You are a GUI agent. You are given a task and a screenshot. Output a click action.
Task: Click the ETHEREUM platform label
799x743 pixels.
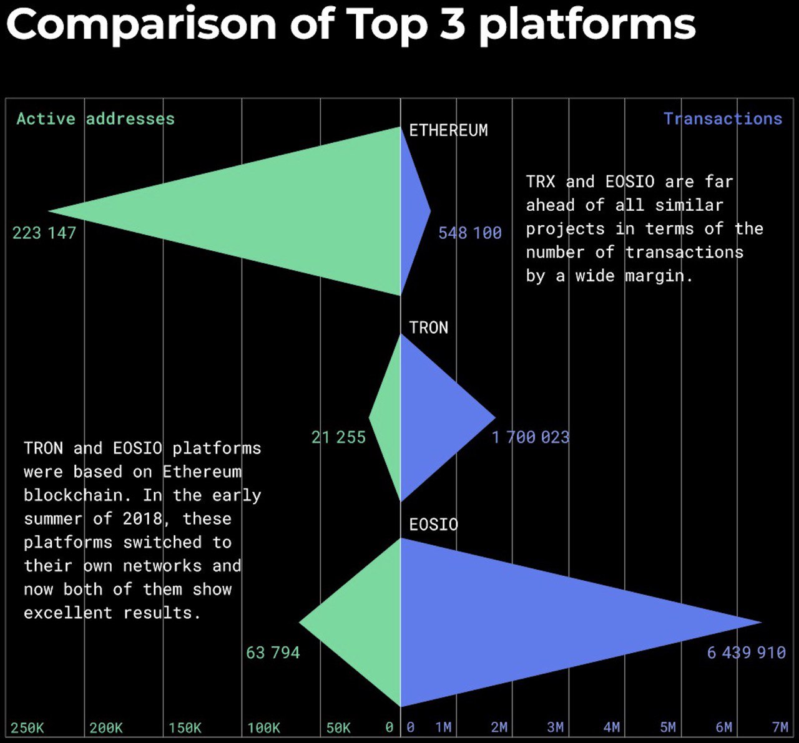(448, 130)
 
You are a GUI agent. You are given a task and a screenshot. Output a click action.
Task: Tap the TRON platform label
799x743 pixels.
(428, 328)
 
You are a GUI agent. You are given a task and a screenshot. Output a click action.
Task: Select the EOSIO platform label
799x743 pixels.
(433, 525)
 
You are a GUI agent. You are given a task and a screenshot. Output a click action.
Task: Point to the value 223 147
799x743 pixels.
(44, 233)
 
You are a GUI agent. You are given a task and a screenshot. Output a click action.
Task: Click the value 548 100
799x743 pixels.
(470, 233)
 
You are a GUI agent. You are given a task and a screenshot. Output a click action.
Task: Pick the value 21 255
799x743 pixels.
(338, 437)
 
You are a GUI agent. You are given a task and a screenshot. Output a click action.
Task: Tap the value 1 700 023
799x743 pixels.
(531, 437)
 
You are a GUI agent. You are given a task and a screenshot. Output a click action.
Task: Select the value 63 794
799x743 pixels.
(273, 653)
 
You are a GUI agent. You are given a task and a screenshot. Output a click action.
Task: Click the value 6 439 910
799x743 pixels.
(747, 653)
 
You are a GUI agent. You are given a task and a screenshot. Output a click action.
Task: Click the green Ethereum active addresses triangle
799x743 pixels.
(282, 211)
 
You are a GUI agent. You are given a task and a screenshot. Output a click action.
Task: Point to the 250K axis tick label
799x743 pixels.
(27, 727)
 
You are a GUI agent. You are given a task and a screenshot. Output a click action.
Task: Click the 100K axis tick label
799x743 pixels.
(263, 727)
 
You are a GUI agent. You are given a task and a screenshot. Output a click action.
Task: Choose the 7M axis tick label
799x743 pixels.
(780, 727)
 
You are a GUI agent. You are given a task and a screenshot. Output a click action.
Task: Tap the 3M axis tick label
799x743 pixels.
(555, 727)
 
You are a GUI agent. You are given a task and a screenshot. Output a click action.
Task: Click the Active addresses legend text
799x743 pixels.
(96, 119)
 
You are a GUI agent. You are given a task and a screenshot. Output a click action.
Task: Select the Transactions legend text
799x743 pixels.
(723, 119)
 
